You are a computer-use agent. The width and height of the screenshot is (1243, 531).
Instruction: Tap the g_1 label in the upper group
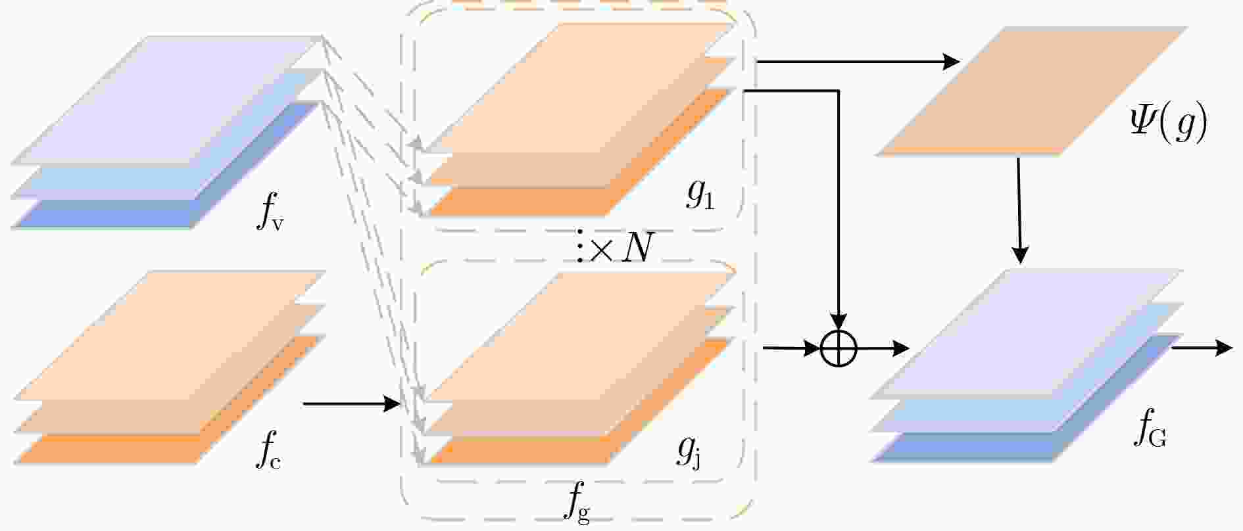pos(700,195)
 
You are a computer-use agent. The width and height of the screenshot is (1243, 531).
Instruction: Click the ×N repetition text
pos(622,248)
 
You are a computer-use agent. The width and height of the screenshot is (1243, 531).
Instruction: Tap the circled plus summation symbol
pos(839,348)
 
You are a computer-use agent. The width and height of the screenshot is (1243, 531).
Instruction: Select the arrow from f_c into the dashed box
pos(352,404)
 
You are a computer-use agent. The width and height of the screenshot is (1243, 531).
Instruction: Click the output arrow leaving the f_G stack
pos(1201,348)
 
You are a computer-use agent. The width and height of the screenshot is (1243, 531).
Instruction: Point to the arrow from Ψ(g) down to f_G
pos(1019,210)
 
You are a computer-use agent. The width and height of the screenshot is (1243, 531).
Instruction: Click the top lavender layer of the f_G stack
pos(1026,333)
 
